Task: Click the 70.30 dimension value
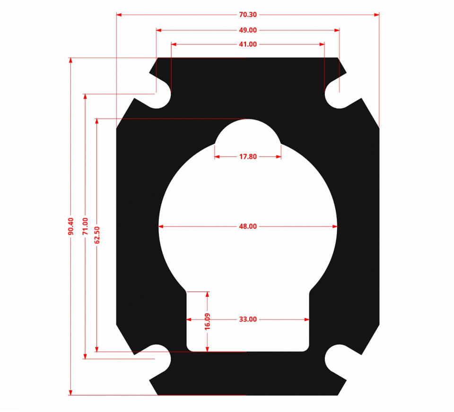point(248,15)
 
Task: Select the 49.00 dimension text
point(248,30)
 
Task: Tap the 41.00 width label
point(248,44)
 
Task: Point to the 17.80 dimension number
point(248,157)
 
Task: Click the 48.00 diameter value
point(248,226)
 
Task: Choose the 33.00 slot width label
point(248,319)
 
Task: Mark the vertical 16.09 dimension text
point(207,322)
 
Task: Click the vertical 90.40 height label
point(71,226)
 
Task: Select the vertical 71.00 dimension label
point(85,226)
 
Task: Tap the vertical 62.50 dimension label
point(97,235)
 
